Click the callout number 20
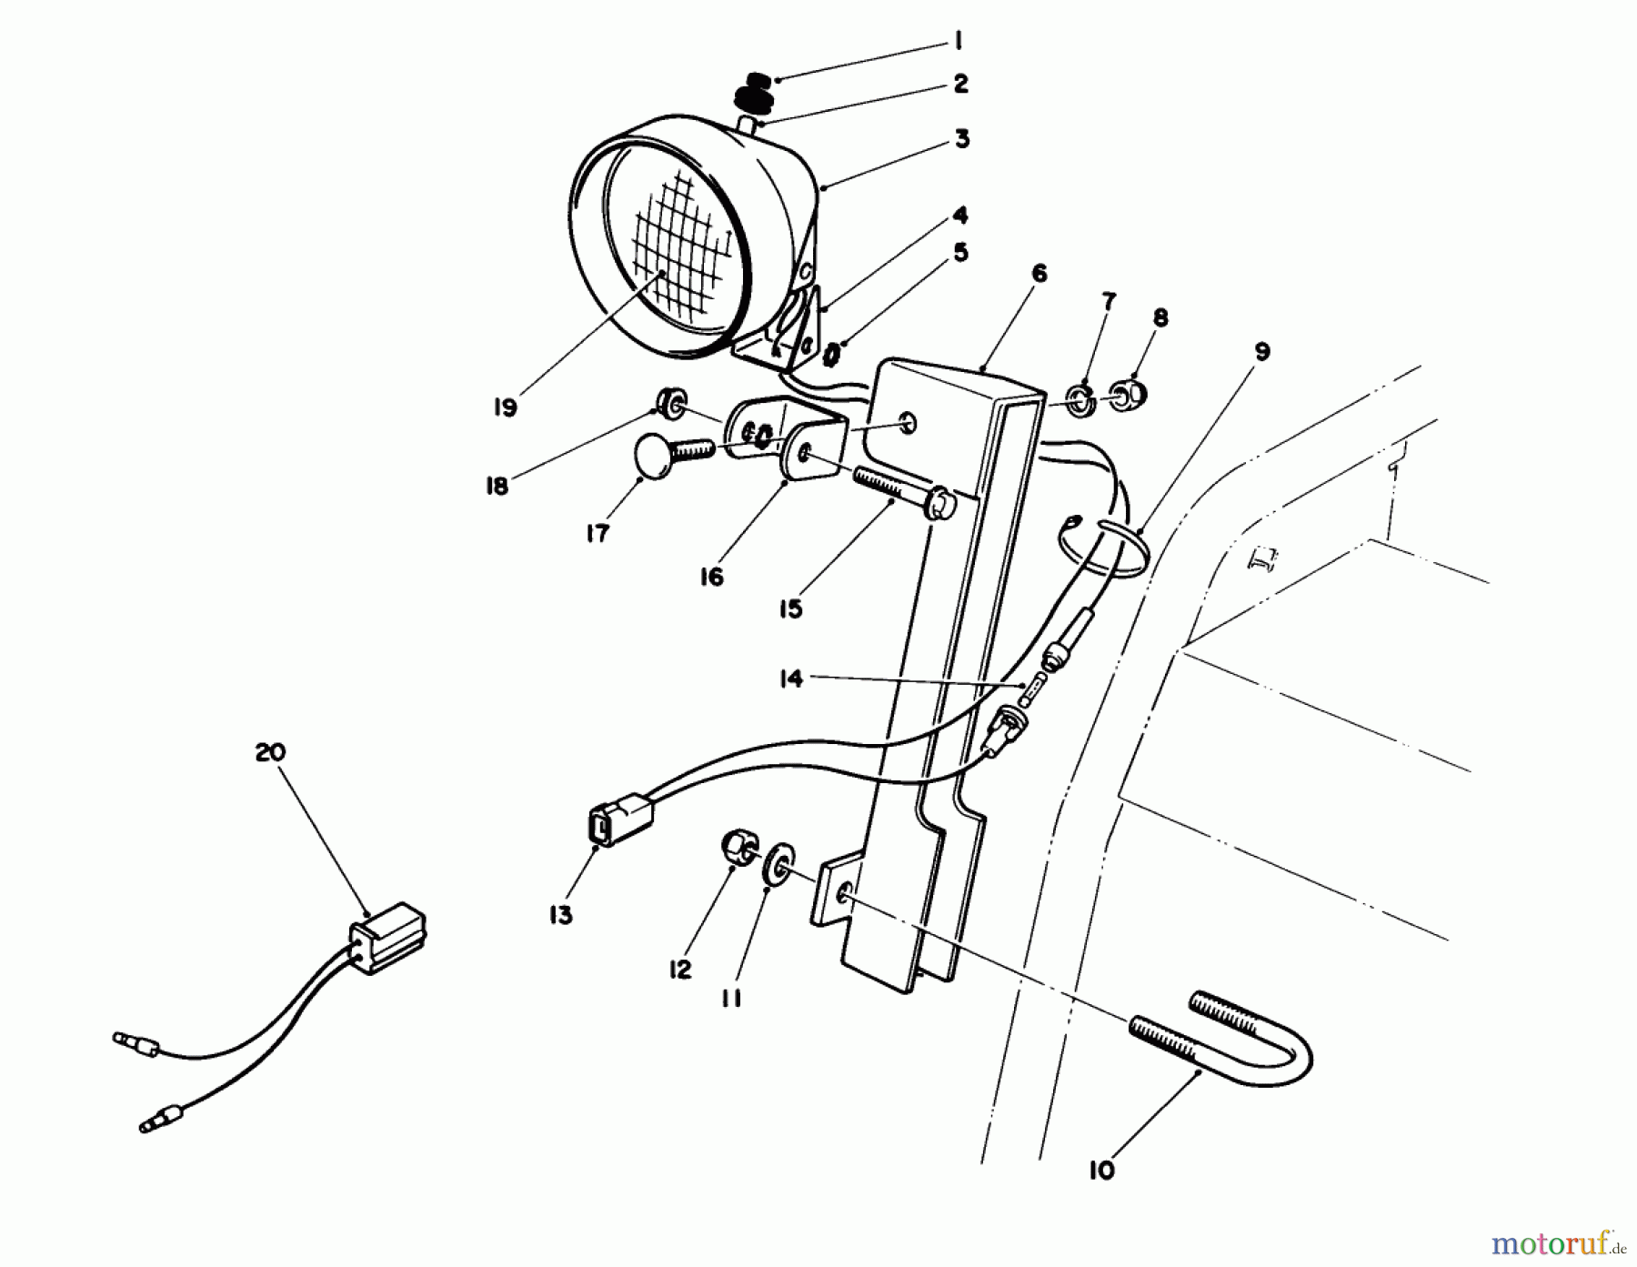pos(270,753)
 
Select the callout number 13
pos(561,916)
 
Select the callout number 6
pos(1039,273)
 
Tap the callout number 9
pos(1261,351)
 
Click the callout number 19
pos(505,407)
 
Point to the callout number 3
pos(961,139)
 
